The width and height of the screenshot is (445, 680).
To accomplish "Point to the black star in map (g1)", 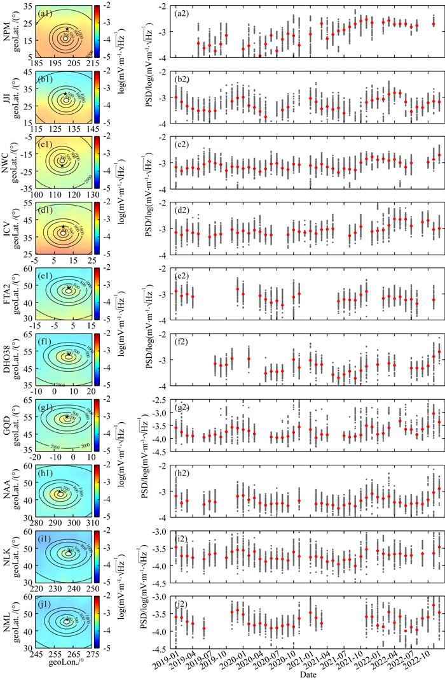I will [x=67, y=417].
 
